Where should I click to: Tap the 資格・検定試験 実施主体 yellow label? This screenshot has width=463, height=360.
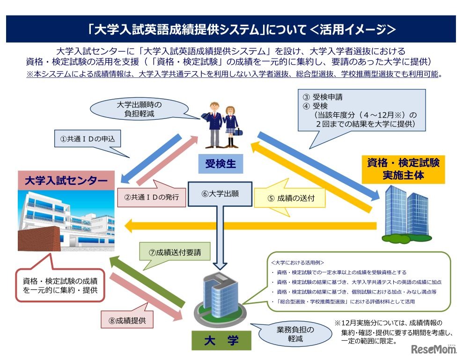pos(402,169)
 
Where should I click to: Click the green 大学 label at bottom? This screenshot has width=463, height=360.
pos(221,341)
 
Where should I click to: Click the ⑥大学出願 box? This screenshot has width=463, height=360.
pos(220,193)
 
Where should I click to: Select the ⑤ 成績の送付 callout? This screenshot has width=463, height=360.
pos(290,198)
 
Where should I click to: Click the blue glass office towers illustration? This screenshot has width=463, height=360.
pos(405,211)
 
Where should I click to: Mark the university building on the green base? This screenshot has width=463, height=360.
pos(219,295)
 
